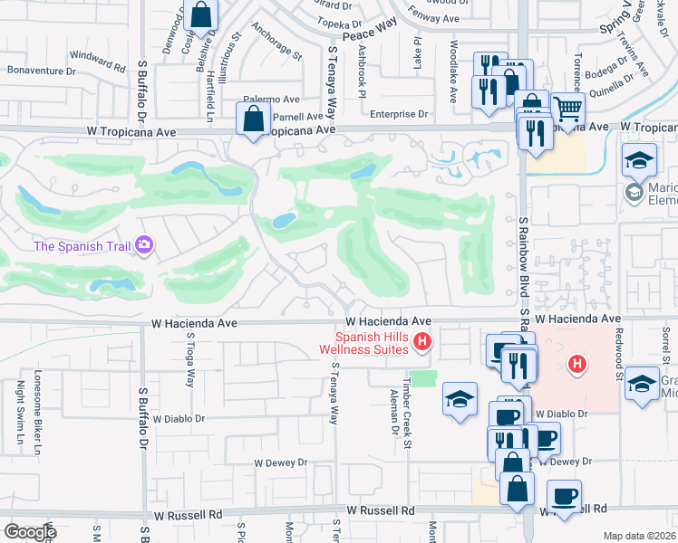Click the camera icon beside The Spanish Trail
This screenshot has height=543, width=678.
(143, 245)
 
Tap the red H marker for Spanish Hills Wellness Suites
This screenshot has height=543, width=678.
(421, 341)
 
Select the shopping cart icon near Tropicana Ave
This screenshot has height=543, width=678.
(567, 109)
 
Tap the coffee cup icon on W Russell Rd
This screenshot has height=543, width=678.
(565, 497)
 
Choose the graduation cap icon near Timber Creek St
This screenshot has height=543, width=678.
(460, 398)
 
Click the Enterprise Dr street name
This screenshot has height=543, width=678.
(399, 114)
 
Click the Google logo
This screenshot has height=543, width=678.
(29, 531)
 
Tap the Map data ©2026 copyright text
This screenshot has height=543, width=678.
(638, 536)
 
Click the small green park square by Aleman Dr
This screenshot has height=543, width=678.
(423, 377)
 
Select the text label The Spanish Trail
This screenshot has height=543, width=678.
(80, 246)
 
